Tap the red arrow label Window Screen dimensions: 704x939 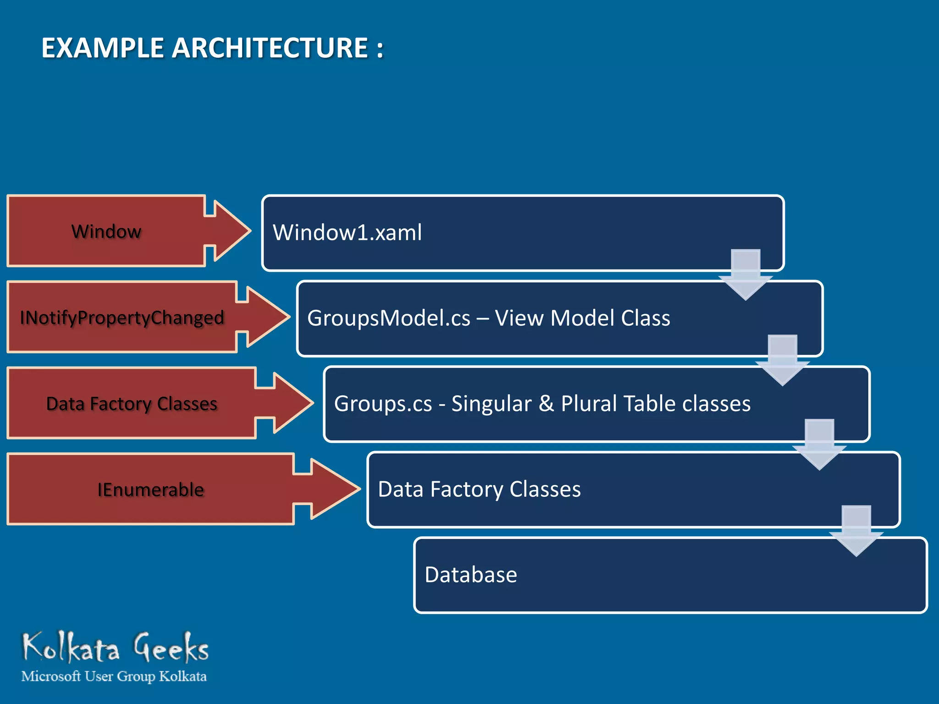[106, 231]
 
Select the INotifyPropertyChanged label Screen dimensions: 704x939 [122, 318]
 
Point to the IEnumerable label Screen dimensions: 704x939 [150, 489]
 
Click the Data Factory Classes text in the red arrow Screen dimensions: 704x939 [132, 404]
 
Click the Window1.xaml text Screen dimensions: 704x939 [347, 232]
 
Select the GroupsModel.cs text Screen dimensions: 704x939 [389, 318]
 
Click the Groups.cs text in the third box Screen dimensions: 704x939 [383, 404]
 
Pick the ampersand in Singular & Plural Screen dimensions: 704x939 [546, 404]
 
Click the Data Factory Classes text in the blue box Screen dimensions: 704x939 [479, 489]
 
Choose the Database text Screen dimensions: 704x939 [471, 575]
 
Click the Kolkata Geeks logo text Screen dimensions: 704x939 [116, 648]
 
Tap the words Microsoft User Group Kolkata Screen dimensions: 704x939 [114, 676]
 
